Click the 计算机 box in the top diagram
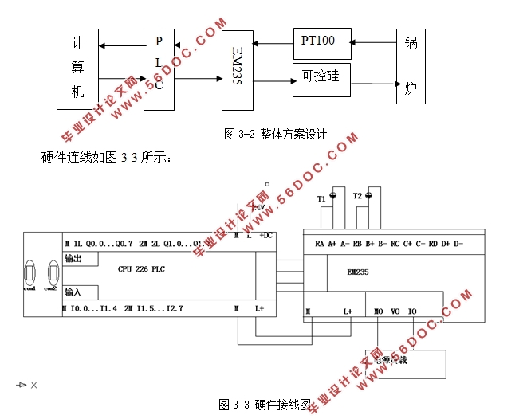click(x=77, y=69)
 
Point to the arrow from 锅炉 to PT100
click(x=373, y=41)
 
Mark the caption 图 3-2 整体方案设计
click(x=275, y=134)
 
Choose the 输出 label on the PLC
click(x=73, y=258)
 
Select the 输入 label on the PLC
click(x=73, y=292)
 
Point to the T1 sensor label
click(x=321, y=198)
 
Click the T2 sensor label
click(x=358, y=196)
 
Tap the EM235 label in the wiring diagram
click(x=358, y=272)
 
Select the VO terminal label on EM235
click(x=395, y=311)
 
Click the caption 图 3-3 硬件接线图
click(x=265, y=405)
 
